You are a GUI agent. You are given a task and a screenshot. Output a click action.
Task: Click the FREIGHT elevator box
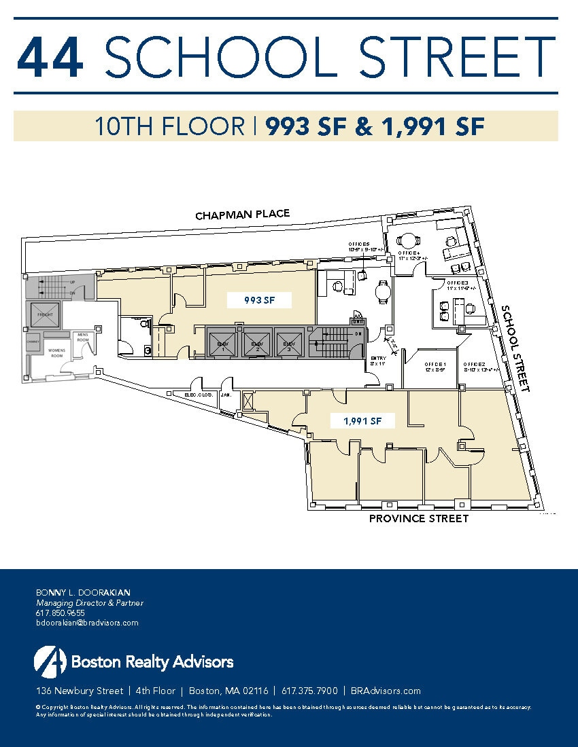click(x=44, y=314)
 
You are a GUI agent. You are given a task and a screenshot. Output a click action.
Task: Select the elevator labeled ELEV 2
click(x=257, y=341)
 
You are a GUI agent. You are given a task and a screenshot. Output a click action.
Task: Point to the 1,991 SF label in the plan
click(x=359, y=421)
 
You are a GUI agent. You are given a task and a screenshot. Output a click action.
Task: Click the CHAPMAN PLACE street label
click(x=242, y=215)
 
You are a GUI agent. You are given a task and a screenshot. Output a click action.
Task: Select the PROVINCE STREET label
click(x=418, y=519)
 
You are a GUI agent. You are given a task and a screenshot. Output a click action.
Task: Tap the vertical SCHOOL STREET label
click(x=515, y=348)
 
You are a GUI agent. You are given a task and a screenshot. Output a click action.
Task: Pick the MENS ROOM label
click(x=82, y=338)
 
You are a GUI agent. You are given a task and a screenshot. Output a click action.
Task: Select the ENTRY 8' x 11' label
click(x=379, y=361)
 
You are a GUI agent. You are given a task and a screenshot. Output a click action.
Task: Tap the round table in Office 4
click(x=408, y=240)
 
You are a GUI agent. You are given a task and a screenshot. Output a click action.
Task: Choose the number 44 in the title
click(x=50, y=57)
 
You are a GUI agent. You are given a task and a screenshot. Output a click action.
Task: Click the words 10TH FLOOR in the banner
click(x=169, y=126)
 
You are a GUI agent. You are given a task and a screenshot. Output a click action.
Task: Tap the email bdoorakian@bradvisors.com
click(x=86, y=623)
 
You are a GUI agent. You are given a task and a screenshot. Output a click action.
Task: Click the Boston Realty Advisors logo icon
click(x=50, y=661)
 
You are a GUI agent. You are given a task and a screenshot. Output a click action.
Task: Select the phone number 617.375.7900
click(x=309, y=691)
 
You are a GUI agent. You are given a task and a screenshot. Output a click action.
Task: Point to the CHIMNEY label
click(x=33, y=344)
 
